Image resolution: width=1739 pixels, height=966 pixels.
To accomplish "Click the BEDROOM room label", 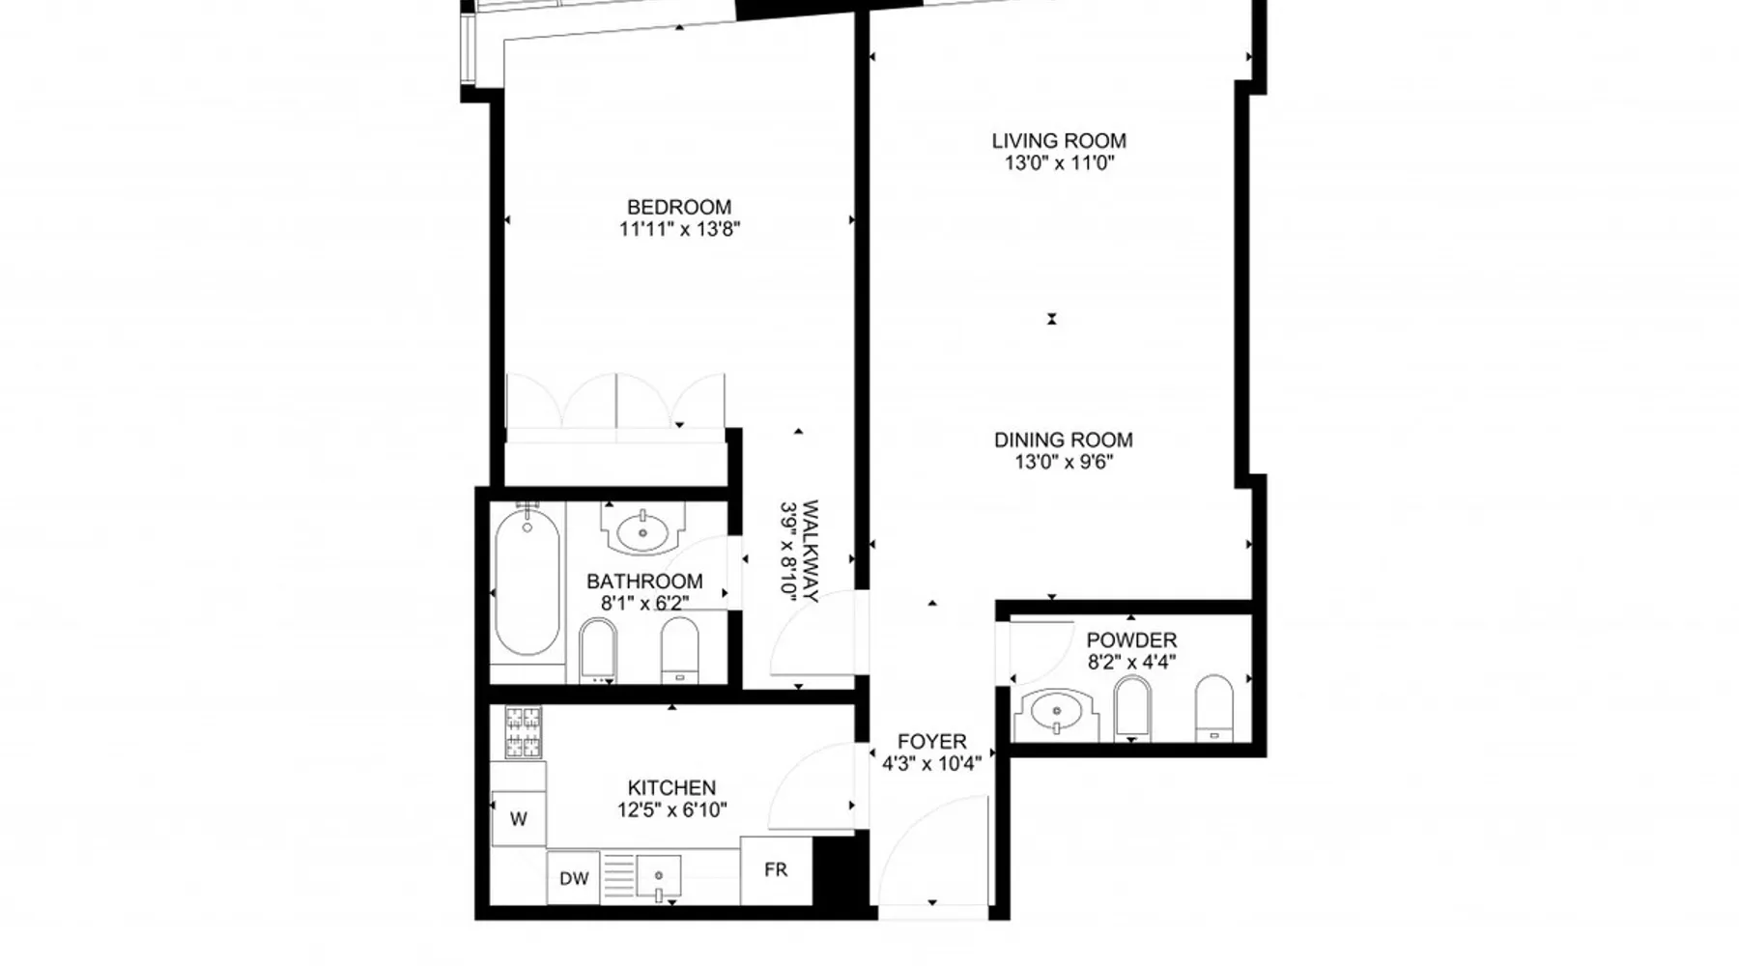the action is coord(679,207).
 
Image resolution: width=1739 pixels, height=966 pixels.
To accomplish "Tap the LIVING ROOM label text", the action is coord(1059,141).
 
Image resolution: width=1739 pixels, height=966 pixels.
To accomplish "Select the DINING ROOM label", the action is coord(1064,440).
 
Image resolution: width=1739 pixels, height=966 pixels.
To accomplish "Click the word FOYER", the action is coord(931,742).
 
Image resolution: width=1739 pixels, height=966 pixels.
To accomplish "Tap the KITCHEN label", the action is coord(671,788).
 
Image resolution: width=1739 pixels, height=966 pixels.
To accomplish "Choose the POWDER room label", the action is coord(1131,640).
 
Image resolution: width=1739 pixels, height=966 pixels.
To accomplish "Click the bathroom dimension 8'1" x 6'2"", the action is coord(645,604).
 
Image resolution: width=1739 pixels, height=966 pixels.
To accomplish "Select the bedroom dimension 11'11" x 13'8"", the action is coord(679,230).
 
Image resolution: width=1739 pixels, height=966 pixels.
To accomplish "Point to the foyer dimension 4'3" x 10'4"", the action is coord(931,764).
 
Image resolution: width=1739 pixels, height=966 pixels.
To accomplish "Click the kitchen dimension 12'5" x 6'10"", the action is coord(671,810).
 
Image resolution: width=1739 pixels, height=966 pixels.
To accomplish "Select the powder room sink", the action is coord(1055,713).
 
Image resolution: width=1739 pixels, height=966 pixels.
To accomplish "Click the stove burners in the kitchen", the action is coord(524,732).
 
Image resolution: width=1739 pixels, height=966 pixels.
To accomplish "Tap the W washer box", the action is coord(519,819).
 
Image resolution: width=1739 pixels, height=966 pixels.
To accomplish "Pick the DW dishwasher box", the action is coord(574,878).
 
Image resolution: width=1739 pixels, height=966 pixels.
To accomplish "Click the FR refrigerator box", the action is coord(776,870).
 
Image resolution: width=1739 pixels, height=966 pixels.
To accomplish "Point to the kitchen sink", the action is coord(659,878).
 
